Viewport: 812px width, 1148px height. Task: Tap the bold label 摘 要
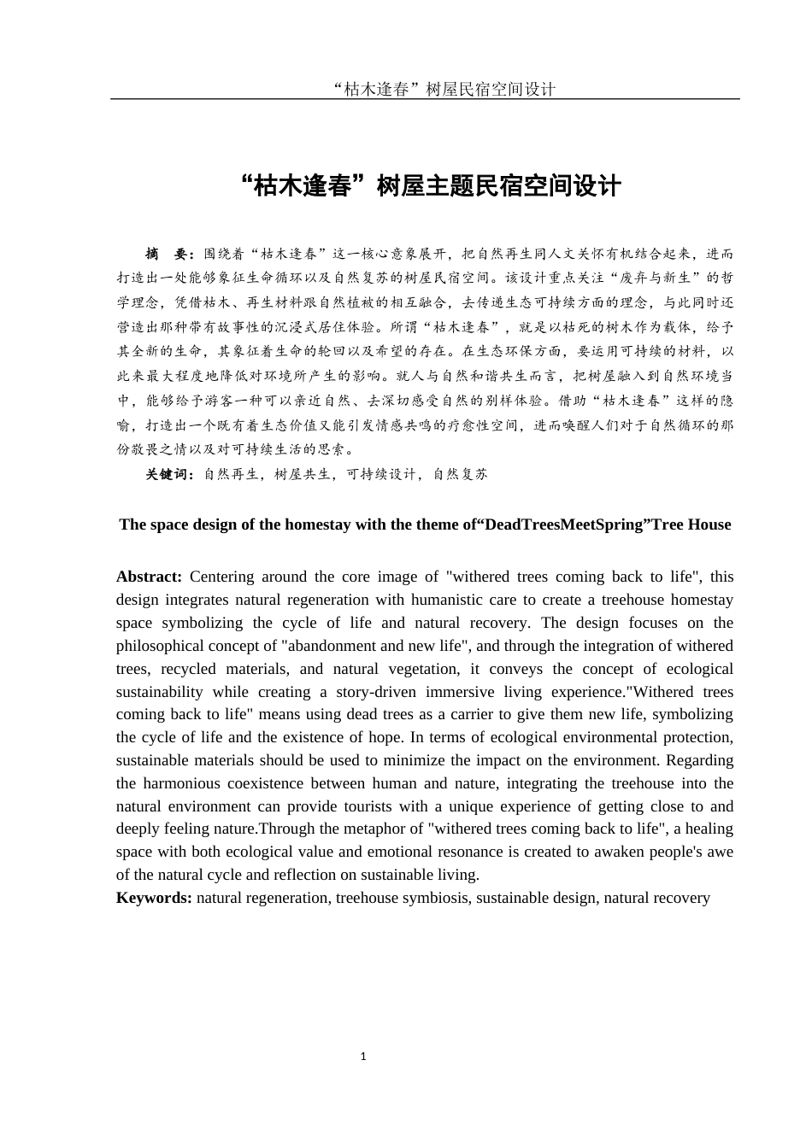170,254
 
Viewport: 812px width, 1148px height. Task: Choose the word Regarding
699,760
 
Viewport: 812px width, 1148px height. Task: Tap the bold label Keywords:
154,898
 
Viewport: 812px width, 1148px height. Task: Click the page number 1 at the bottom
363,1057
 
